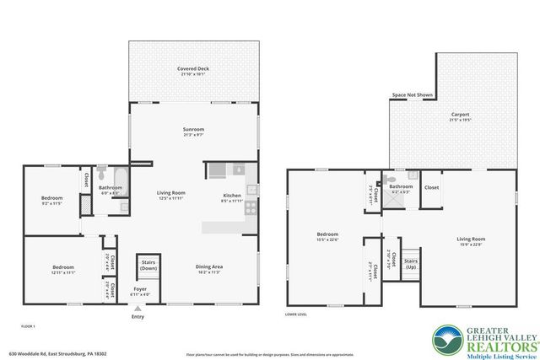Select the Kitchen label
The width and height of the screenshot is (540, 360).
[x=231, y=197]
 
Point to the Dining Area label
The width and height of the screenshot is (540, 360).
[x=208, y=269]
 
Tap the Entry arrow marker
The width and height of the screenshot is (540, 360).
[x=138, y=309]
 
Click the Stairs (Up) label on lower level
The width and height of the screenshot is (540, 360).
[x=411, y=263]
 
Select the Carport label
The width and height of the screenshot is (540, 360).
[x=460, y=116]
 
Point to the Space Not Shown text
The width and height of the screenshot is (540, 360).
[x=412, y=95]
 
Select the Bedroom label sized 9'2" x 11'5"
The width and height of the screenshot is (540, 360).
[x=51, y=201]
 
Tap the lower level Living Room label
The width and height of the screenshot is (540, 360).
[x=470, y=241]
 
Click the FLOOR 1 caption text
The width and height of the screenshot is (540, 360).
[x=28, y=325]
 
